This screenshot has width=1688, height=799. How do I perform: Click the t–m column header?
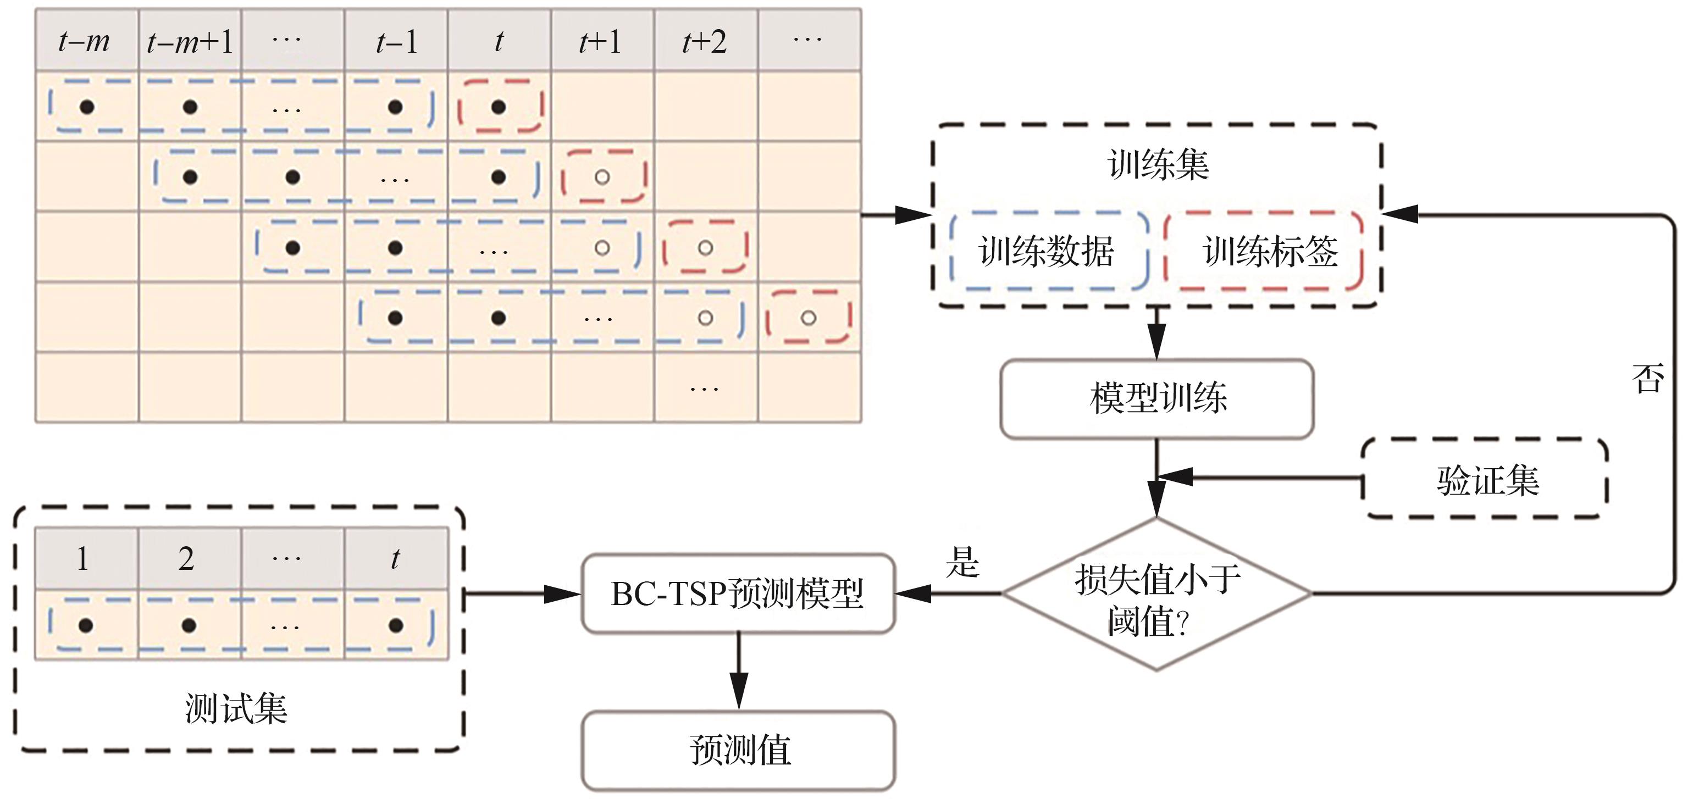pyautogui.click(x=85, y=41)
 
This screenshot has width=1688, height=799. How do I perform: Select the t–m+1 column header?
pyautogui.click(x=190, y=41)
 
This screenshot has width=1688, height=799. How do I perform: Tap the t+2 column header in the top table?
pyautogui.click(x=705, y=41)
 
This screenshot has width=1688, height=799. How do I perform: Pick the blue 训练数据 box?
pyautogui.click(x=1047, y=251)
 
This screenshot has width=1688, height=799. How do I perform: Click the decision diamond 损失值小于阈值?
pyautogui.click(x=1157, y=595)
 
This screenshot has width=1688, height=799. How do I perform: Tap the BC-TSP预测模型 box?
pyautogui.click(x=738, y=594)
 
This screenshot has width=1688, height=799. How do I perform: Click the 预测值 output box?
pyautogui.click(x=739, y=750)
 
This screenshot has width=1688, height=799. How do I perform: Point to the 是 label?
pyautogui.click(x=962, y=562)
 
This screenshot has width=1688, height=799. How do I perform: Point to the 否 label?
pyautogui.click(x=1647, y=379)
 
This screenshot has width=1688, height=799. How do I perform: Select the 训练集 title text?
pyautogui.click(x=1157, y=164)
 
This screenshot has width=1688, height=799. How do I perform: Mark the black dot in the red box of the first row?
pyautogui.click(x=499, y=107)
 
